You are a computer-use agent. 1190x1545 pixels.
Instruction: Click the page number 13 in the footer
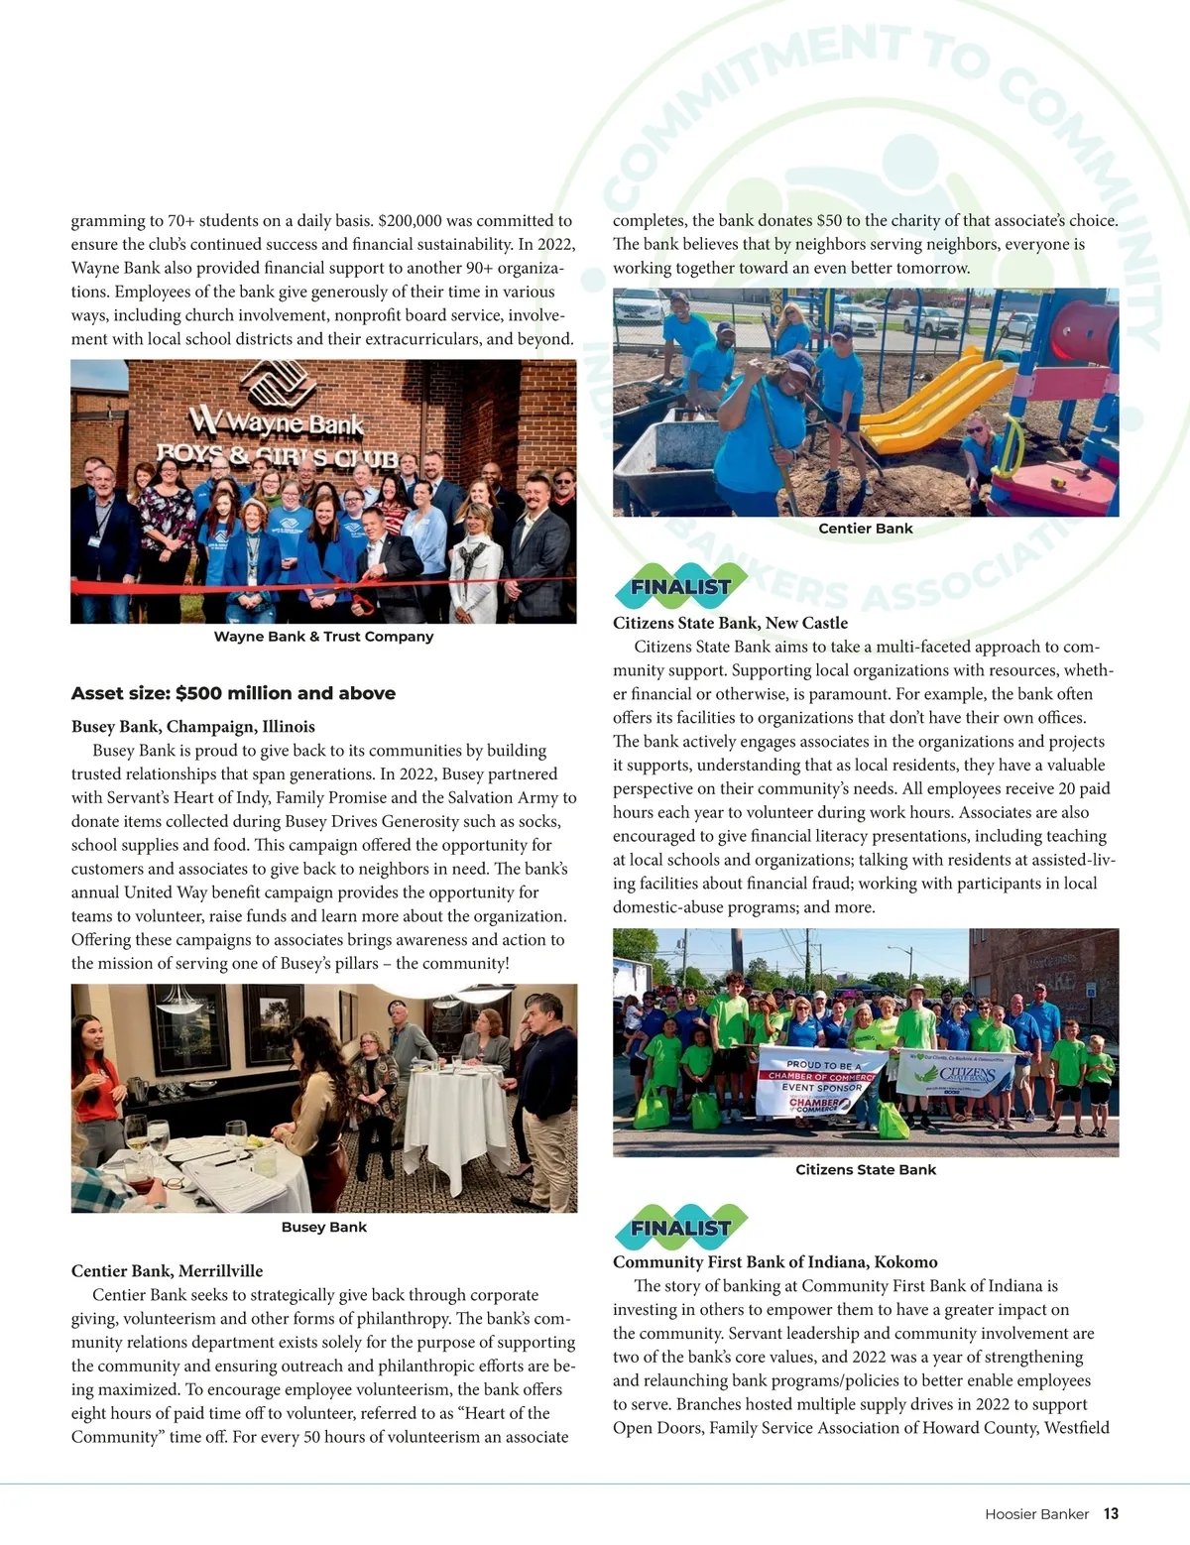click(x=1111, y=1514)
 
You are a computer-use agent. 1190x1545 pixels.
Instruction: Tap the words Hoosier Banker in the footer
click(x=1036, y=1514)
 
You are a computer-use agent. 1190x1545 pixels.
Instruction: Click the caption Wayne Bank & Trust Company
click(x=323, y=637)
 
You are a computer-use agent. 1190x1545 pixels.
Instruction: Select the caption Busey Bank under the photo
click(x=323, y=1228)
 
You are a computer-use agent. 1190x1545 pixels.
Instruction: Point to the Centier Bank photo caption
click(x=865, y=529)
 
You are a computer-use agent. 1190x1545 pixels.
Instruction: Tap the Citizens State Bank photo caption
click(x=865, y=1170)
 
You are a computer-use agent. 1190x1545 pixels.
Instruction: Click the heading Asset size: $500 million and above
click(x=233, y=693)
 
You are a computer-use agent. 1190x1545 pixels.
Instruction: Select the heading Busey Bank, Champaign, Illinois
click(x=193, y=727)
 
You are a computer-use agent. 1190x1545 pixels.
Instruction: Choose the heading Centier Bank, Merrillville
click(x=167, y=1271)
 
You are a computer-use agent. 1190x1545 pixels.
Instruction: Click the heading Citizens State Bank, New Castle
click(x=730, y=623)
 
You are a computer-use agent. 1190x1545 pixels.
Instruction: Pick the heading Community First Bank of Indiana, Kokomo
click(x=774, y=1262)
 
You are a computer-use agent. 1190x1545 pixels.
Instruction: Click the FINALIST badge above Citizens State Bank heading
click(x=679, y=587)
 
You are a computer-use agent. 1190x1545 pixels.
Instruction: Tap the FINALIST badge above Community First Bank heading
click(x=679, y=1228)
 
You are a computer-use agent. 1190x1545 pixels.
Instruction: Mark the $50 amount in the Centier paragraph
click(x=829, y=221)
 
